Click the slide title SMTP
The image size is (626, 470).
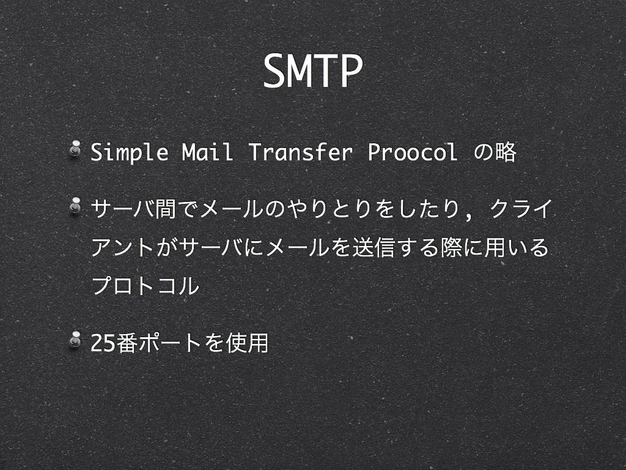point(312,71)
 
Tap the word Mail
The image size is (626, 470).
point(207,152)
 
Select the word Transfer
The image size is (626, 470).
point(301,152)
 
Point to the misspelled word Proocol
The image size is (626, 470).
point(412,152)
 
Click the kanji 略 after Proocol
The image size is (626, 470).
point(506,152)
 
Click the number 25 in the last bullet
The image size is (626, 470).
point(103,343)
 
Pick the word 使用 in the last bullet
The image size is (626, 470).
point(248,343)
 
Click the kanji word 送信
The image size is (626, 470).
point(374,247)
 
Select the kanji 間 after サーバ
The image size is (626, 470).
point(166,209)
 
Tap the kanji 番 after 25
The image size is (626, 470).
point(127,343)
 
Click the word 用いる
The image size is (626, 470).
point(517,247)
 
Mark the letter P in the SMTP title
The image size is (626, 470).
point(350,71)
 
